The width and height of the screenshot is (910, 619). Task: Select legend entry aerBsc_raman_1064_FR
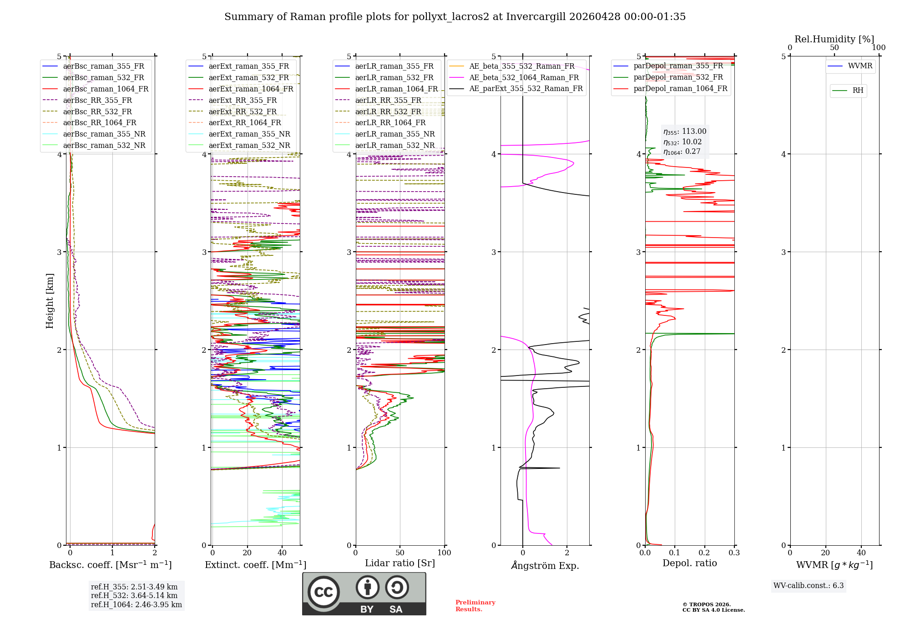click(x=106, y=89)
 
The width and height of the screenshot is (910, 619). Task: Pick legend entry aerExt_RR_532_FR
click(x=243, y=112)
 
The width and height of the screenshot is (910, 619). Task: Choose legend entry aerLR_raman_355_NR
click(x=394, y=134)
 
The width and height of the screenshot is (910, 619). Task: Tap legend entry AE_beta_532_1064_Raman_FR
click(x=524, y=77)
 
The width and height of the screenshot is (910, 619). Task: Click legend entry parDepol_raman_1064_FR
click(x=680, y=88)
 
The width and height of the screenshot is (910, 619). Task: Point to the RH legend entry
click(x=858, y=91)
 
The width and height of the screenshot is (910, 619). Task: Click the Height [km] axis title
click(x=50, y=301)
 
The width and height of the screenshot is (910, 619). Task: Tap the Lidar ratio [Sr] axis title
click(x=399, y=563)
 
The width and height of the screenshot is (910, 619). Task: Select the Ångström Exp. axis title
click(x=545, y=566)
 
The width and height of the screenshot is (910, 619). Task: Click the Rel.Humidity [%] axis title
click(x=834, y=39)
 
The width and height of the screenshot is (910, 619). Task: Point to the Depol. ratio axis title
click(x=689, y=563)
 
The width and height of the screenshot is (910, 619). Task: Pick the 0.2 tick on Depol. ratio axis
click(x=704, y=553)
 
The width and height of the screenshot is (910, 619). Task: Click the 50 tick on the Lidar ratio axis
click(x=399, y=553)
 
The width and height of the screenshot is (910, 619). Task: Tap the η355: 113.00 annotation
click(x=685, y=132)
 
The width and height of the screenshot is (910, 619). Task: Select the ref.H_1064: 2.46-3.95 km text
click(x=136, y=604)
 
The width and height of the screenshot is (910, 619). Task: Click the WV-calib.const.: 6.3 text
click(x=808, y=585)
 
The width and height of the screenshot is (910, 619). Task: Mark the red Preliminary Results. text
click(x=475, y=605)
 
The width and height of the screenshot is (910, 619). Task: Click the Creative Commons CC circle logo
click(x=324, y=592)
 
